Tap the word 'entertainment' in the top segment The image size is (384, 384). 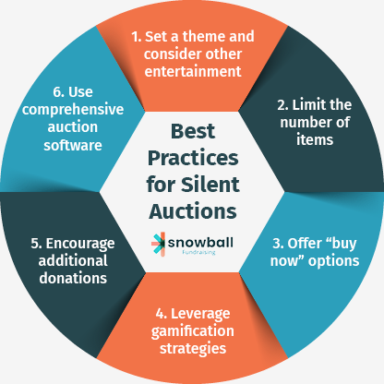[193, 71]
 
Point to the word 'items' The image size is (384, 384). [315, 139]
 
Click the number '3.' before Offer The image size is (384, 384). [278, 244]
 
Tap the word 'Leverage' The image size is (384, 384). [200, 314]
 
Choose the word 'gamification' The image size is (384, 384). [193, 331]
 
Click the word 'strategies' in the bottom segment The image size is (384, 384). [193, 349]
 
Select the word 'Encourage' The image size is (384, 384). [80, 244]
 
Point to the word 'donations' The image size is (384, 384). [73, 278]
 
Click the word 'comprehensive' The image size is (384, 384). [73, 110]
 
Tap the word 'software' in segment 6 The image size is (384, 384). [73, 145]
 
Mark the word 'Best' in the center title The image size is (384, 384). [193, 131]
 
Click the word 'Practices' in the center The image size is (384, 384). [193, 158]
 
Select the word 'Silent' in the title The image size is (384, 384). [210, 185]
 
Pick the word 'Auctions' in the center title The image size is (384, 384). [193, 211]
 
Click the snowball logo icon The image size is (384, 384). [159, 245]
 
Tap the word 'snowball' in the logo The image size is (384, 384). [200, 243]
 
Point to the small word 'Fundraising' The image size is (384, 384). [198, 253]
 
